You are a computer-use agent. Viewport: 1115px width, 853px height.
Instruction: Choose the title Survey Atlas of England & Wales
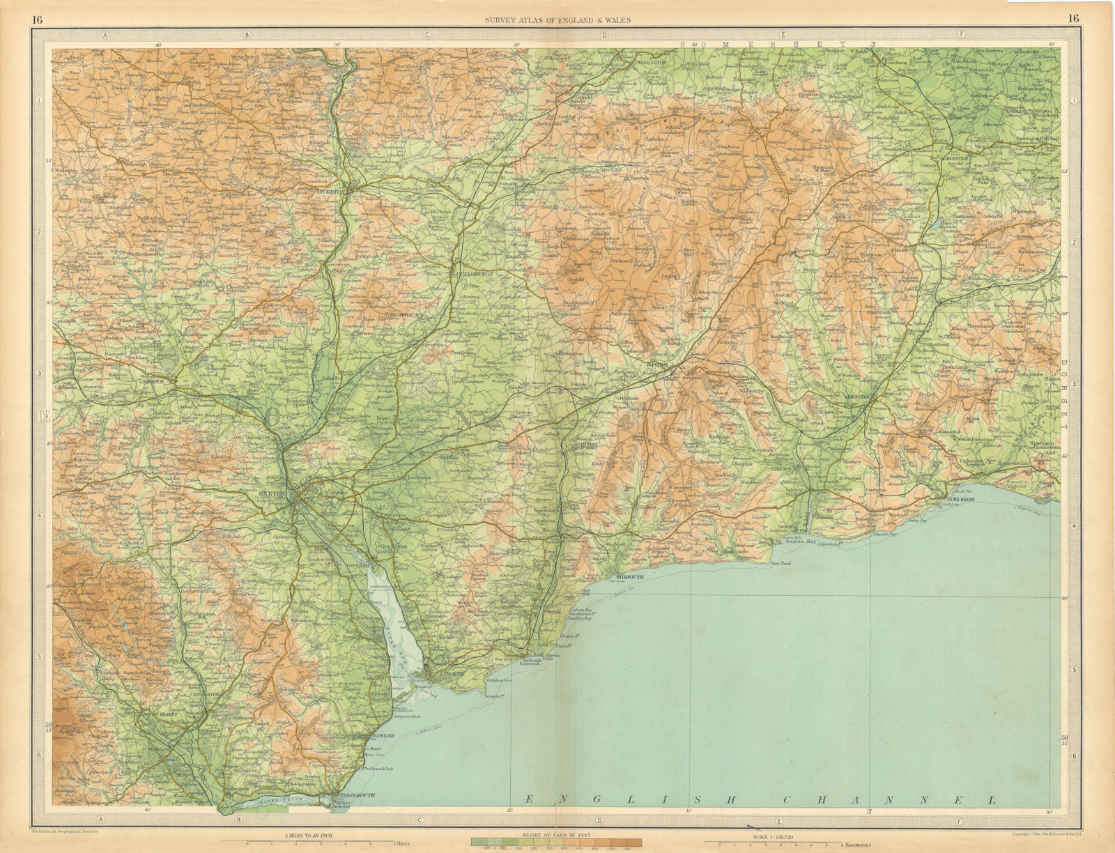pyautogui.click(x=557, y=20)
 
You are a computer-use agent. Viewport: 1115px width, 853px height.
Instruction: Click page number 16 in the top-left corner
pyautogui.click(x=37, y=19)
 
